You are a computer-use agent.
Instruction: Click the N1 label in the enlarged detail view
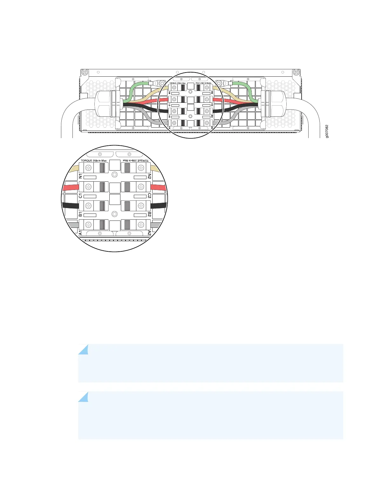point(80,176)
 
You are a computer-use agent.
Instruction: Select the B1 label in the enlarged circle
point(80,214)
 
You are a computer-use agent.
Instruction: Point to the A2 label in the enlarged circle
point(149,233)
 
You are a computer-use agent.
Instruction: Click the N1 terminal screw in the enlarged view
point(88,168)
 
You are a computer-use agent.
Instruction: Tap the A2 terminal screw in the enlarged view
point(141,225)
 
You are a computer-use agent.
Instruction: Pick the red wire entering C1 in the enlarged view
point(71,187)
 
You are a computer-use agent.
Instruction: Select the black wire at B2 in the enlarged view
point(158,206)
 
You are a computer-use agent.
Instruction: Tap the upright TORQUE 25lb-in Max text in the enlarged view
point(94,161)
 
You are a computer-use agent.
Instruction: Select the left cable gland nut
point(106,103)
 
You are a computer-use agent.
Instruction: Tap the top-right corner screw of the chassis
point(296,72)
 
